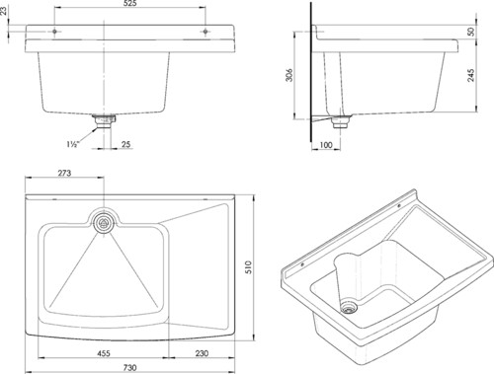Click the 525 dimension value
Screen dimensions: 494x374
point(130,3)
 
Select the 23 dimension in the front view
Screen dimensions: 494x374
point(3,11)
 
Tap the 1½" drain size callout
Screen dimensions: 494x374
point(73,144)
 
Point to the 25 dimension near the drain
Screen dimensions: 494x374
point(125,144)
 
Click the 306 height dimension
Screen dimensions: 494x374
point(288,75)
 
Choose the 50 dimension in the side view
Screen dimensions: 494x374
point(471,32)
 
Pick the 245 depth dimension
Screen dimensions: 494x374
point(471,75)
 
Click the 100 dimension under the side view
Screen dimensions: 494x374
point(326,145)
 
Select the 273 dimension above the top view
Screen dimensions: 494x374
point(64,173)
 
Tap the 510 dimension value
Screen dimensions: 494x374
point(248,267)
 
